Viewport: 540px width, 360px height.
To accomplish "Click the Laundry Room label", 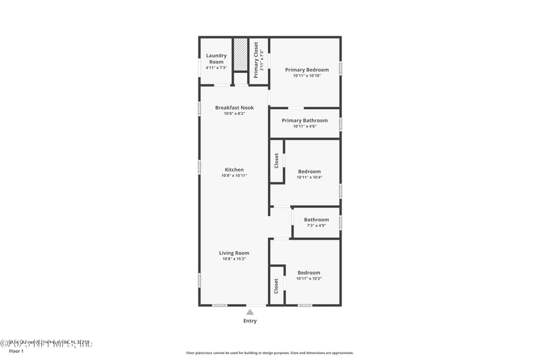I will (x=216, y=58).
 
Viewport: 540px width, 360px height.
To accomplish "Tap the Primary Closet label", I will (x=256, y=59).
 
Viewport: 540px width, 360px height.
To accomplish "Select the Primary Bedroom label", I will (x=306, y=70).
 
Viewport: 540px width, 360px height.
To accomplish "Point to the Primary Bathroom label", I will (x=304, y=120).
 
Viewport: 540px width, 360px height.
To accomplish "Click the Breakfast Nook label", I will (x=234, y=107).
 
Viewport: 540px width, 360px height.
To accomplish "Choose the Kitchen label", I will (x=234, y=170).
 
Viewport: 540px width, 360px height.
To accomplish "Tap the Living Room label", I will (x=234, y=253).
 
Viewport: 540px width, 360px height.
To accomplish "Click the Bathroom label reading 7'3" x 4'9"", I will (x=316, y=220).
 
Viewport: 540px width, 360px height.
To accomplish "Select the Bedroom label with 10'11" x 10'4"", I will (x=309, y=172).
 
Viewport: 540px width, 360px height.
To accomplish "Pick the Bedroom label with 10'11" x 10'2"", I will (x=309, y=273).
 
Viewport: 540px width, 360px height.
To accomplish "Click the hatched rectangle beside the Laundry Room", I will (x=241, y=54).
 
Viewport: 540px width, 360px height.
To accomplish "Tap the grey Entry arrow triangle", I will (x=250, y=312).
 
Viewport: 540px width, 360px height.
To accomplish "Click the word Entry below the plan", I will (x=250, y=321).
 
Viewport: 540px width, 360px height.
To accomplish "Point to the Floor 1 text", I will (x=16, y=351).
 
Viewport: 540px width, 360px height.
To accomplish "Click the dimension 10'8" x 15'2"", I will (x=234, y=259).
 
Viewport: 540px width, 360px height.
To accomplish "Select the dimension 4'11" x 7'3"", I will (x=216, y=68).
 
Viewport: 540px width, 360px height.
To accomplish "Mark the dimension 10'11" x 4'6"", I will (x=304, y=126).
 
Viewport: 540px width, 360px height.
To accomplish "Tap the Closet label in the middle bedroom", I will (x=277, y=161).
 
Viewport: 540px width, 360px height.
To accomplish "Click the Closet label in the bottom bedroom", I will (x=277, y=286).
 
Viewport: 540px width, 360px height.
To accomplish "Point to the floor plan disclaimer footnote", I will (x=270, y=353).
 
